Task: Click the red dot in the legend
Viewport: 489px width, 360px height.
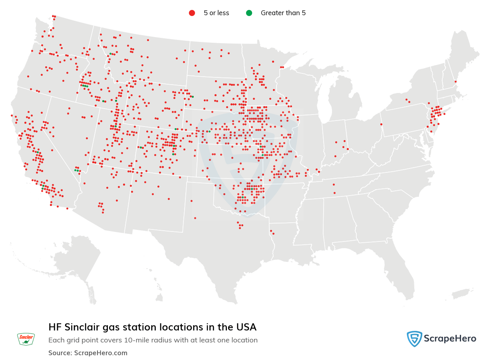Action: [x=192, y=13]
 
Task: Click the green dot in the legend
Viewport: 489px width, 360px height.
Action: [x=249, y=13]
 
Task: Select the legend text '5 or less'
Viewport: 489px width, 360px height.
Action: [x=216, y=13]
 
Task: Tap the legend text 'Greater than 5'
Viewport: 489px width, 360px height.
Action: [x=283, y=13]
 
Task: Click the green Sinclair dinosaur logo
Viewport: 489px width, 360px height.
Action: [x=26, y=339]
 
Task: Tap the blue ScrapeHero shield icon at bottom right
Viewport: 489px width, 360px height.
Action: [x=414, y=339]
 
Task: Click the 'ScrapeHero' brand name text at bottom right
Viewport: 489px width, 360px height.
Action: [x=449, y=339]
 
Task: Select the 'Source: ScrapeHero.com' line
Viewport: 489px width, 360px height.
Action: [x=88, y=353]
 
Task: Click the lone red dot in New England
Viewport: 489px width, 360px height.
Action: [x=455, y=81]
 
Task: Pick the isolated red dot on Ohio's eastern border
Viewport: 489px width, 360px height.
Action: [x=381, y=124]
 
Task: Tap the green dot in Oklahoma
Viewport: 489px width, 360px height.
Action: [x=243, y=197]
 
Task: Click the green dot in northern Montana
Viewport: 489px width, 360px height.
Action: [x=110, y=53]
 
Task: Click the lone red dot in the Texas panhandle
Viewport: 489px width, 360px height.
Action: [x=195, y=218]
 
